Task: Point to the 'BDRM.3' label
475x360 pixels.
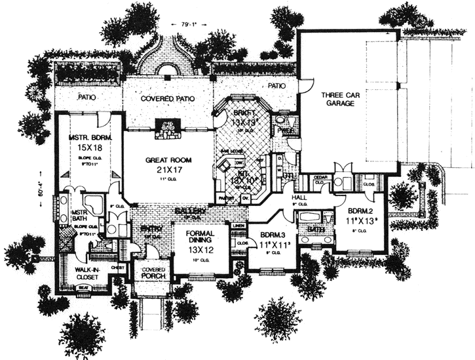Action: tap(271, 235)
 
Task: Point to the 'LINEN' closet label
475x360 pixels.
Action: tap(240, 226)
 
